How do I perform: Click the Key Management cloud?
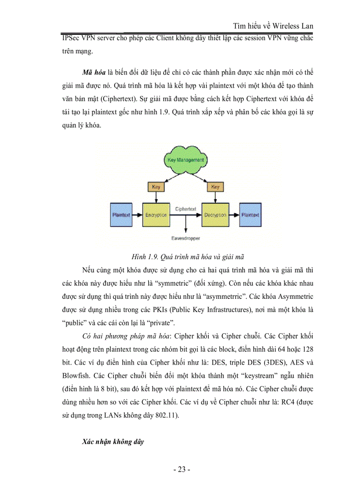[185, 160]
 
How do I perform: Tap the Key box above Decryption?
[215, 187]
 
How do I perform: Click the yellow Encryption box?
[155, 215]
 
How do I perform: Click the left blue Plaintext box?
[120, 215]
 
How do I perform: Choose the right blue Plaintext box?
[250, 215]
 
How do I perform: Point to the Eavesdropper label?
[185, 238]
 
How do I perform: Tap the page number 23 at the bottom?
[182, 470]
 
